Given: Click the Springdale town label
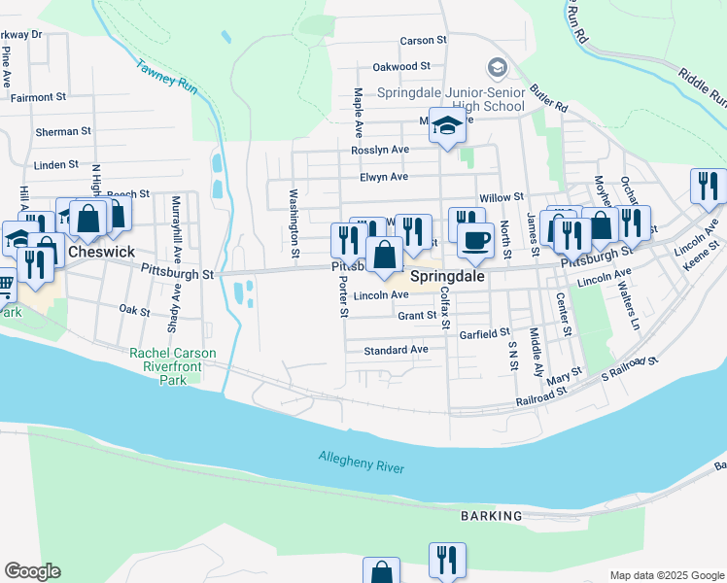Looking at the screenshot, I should [448, 276].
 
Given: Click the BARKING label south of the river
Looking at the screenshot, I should [492, 515].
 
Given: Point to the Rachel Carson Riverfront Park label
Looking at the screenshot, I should [173, 367].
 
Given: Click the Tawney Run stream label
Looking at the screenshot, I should [167, 79].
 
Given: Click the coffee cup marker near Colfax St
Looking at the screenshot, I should [475, 239].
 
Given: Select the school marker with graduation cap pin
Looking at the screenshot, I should [447, 126].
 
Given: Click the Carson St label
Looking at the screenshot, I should [423, 41].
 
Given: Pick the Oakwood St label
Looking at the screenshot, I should [401, 66].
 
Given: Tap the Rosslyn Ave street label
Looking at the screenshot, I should [380, 150].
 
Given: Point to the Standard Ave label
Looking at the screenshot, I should [396, 349].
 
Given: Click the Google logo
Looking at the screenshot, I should [32, 571].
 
